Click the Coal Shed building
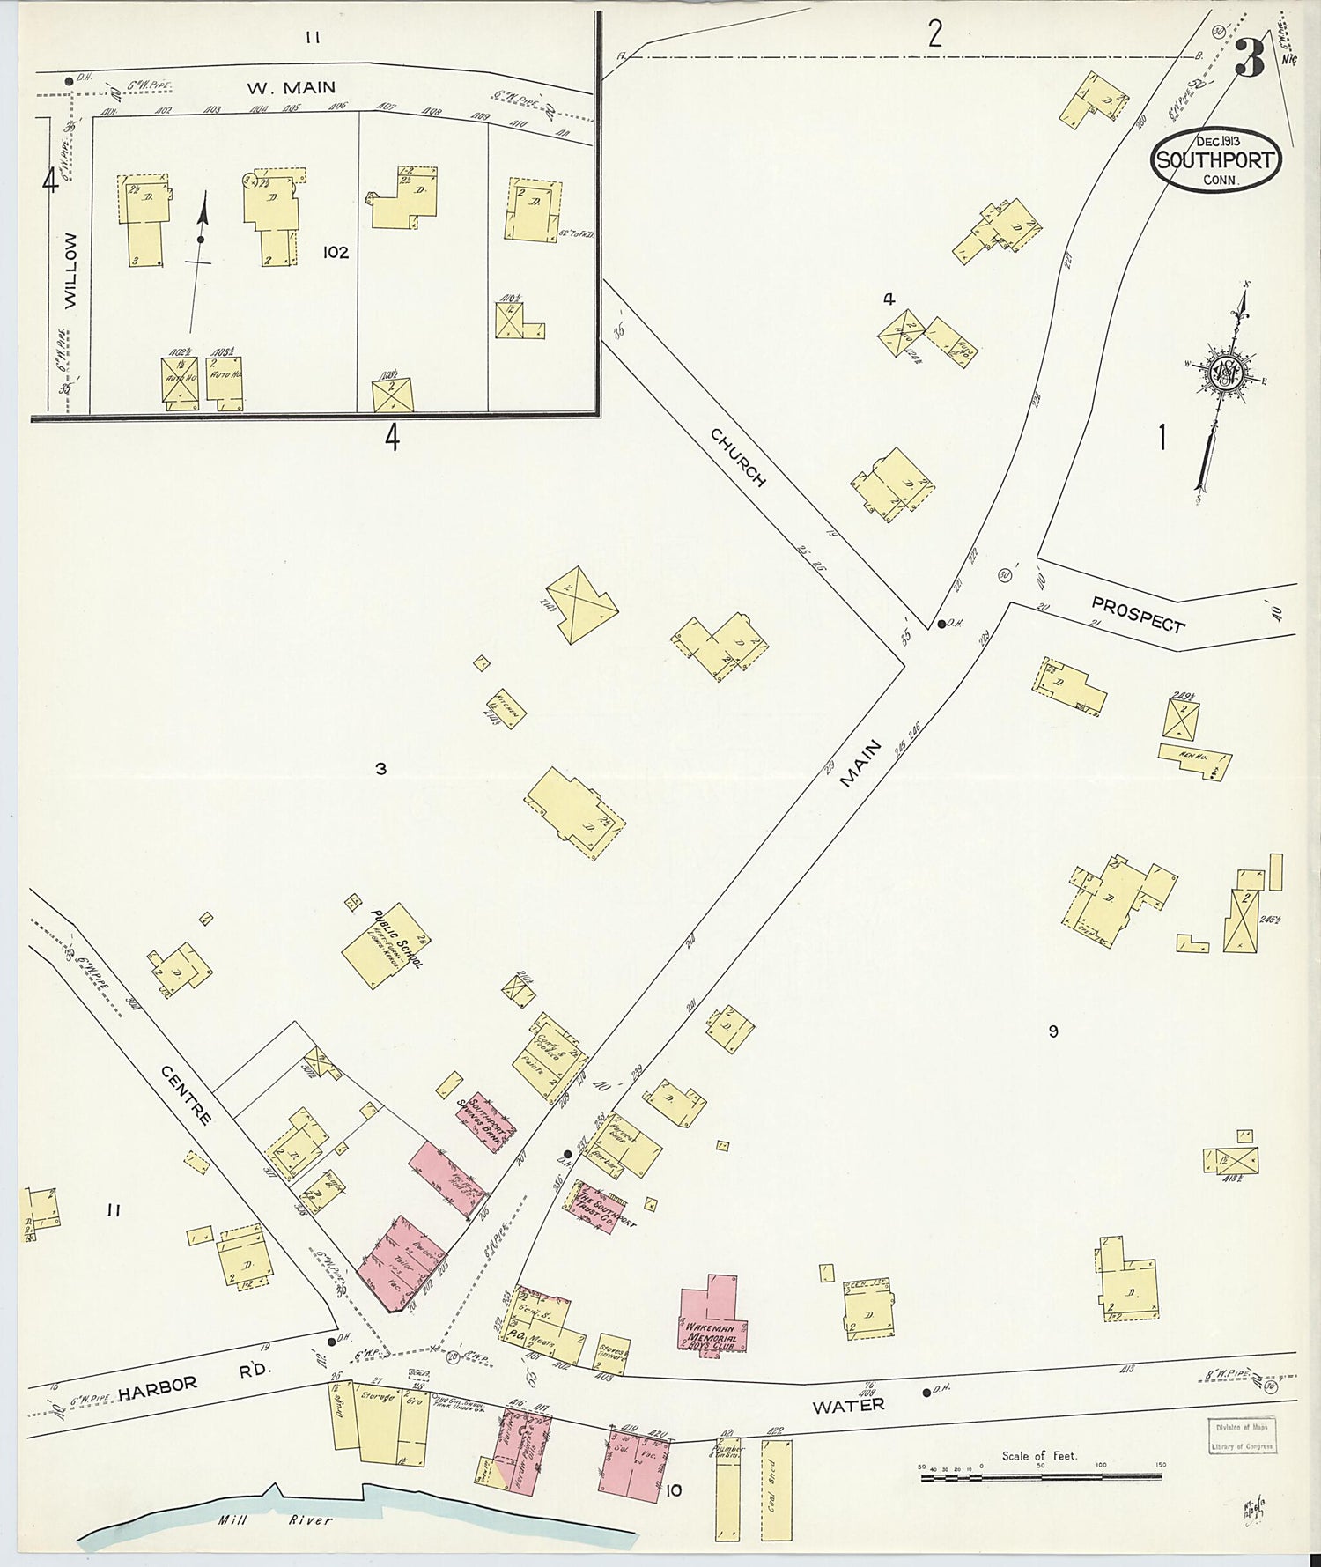tap(776, 1489)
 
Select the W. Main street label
tap(291, 87)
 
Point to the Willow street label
tap(70, 270)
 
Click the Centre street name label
tap(187, 1095)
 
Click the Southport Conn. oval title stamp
tap(1216, 159)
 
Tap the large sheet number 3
tap(1250, 59)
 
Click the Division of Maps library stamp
tap(1241, 1435)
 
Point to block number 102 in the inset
tap(336, 253)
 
